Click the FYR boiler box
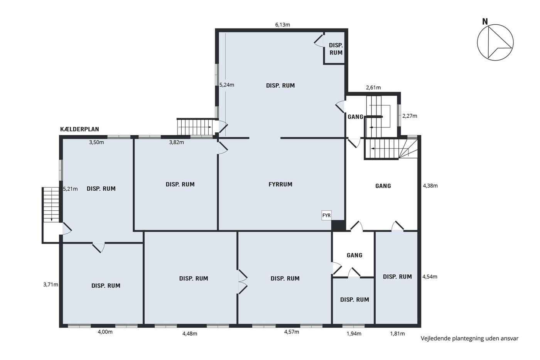326,215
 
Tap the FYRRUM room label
280,184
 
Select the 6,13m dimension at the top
282,25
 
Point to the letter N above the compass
485,22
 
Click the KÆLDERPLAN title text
79,129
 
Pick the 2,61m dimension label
373,88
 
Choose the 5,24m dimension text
227,85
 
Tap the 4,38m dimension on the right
430,186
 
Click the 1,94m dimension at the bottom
354,334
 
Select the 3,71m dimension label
51,284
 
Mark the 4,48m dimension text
190,334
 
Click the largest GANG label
383,186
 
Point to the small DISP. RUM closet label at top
336,49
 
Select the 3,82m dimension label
177,142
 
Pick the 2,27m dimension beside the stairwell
410,116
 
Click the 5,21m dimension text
70,189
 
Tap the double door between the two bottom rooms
243,282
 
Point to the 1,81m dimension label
397,334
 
